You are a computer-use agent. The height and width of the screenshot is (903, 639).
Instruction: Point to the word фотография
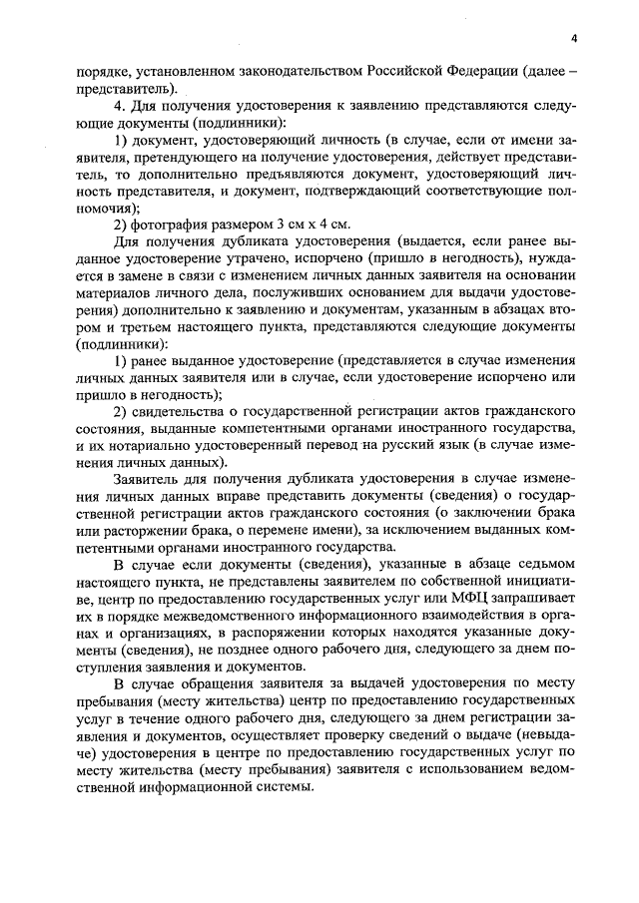(176, 223)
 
